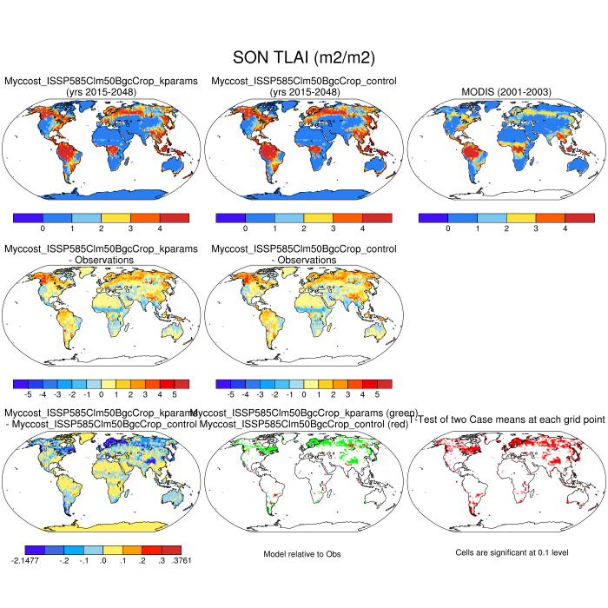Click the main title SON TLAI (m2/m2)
click(x=304, y=57)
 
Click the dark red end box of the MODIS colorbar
click(x=579, y=216)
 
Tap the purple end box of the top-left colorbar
click(x=28, y=216)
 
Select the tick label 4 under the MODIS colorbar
click(x=565, y=229)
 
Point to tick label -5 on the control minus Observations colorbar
click(x=229, y=393)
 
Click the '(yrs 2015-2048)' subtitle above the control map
click(x=304, y=92)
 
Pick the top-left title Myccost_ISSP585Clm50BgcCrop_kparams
click(x=101, y=81)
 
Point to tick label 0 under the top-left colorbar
click(x=43, y=229)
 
